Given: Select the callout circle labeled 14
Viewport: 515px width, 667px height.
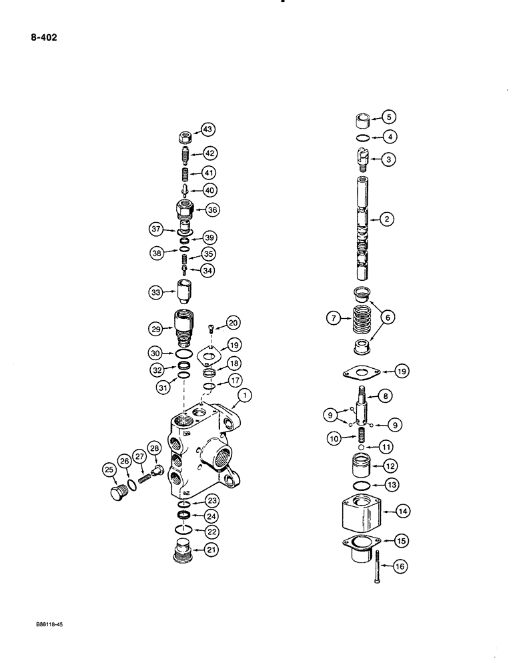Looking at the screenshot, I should point(403,512).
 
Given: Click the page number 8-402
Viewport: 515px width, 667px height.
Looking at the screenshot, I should point(43,38).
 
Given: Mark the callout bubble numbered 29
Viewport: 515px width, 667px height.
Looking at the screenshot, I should point(156,328).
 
